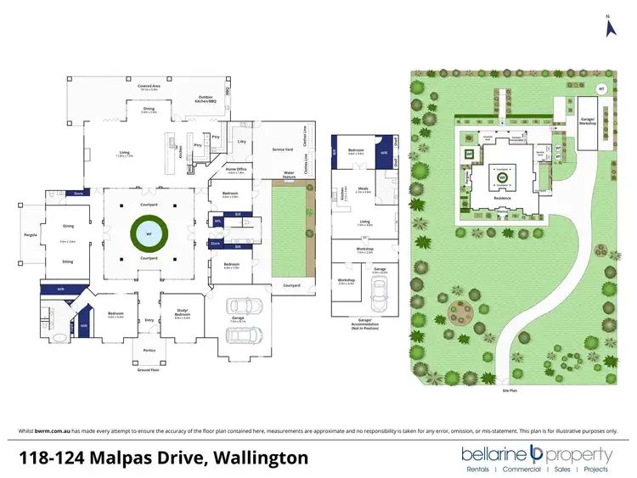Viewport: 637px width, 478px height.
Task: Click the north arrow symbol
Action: coord(608,27)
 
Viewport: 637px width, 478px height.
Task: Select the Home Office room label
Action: coord(235,169)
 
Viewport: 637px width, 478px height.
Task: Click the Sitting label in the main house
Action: coord(68,261)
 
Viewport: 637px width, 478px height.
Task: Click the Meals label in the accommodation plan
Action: coord(363,190)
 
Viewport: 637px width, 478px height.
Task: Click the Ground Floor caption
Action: coord(149,370)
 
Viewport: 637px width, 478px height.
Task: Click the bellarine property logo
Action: coord(536,453)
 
